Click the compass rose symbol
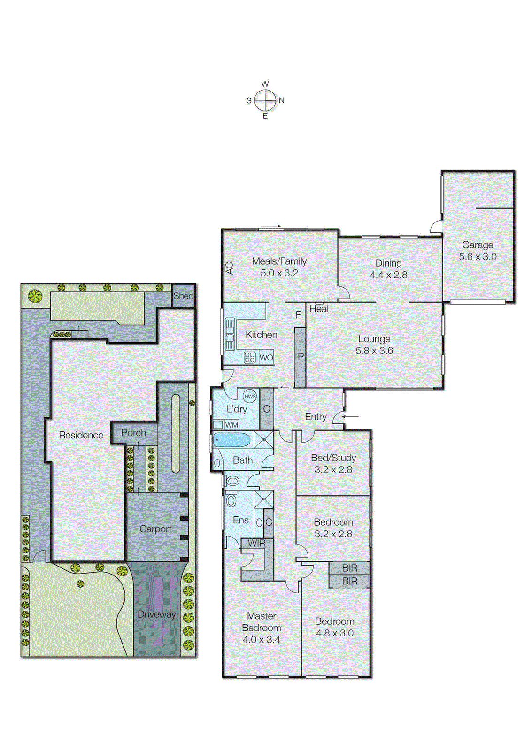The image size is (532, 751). point(265,100)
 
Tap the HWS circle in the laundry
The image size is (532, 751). point(250,396)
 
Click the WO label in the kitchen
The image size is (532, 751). point(266,358)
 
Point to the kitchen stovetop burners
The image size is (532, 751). point(250,358)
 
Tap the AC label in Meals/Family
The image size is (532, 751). point(229,268)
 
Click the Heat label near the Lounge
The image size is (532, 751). point(319,309)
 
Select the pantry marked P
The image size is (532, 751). point(301,357)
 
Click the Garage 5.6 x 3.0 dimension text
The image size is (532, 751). point(478,257)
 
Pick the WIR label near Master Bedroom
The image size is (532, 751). point(256,543)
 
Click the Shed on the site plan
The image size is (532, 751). point(183,296)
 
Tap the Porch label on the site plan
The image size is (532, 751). point(134,433)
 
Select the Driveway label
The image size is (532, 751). point(156,614)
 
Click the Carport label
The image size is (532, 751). point(155,529)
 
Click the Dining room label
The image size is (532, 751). point(388,263)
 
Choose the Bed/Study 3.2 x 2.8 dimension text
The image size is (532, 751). point(333,470)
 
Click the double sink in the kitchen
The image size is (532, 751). point(230,334)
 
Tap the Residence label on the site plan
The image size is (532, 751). point(81,435)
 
